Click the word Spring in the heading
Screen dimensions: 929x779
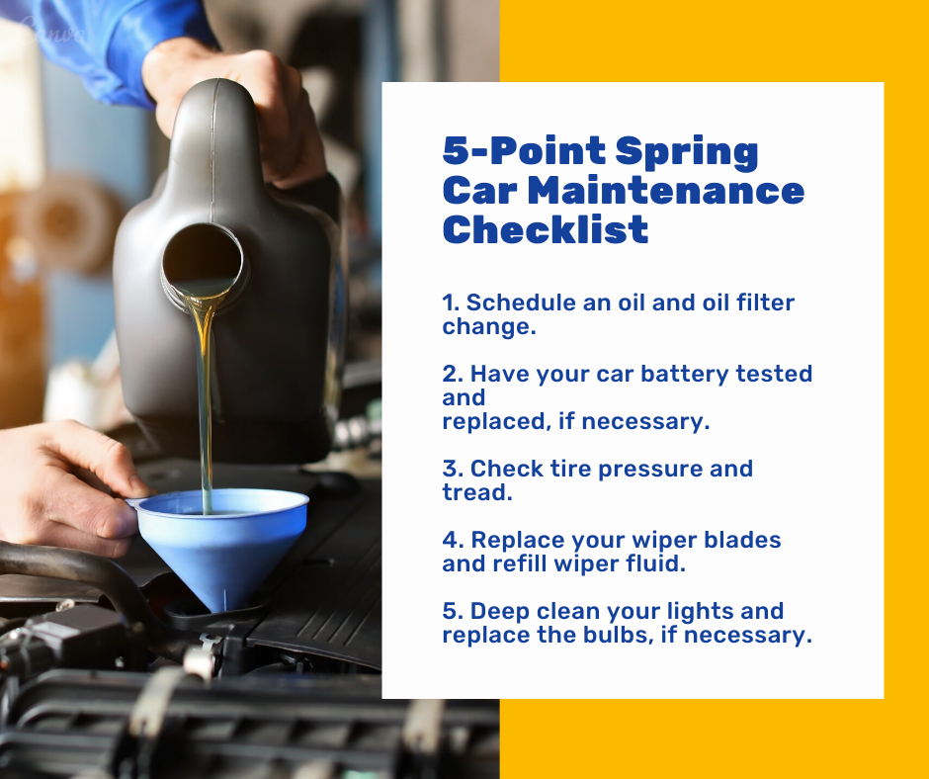pos(687,152)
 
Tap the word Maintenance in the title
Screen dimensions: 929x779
pos(666,191)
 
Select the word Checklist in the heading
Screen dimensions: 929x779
pos(546,229)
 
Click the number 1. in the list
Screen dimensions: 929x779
pos(451,303)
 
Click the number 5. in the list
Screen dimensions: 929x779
pos(452,611)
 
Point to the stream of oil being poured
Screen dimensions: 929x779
pos(205,403)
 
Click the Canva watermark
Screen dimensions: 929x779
pos(52,31)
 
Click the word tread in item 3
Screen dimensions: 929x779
pos(477,492)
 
